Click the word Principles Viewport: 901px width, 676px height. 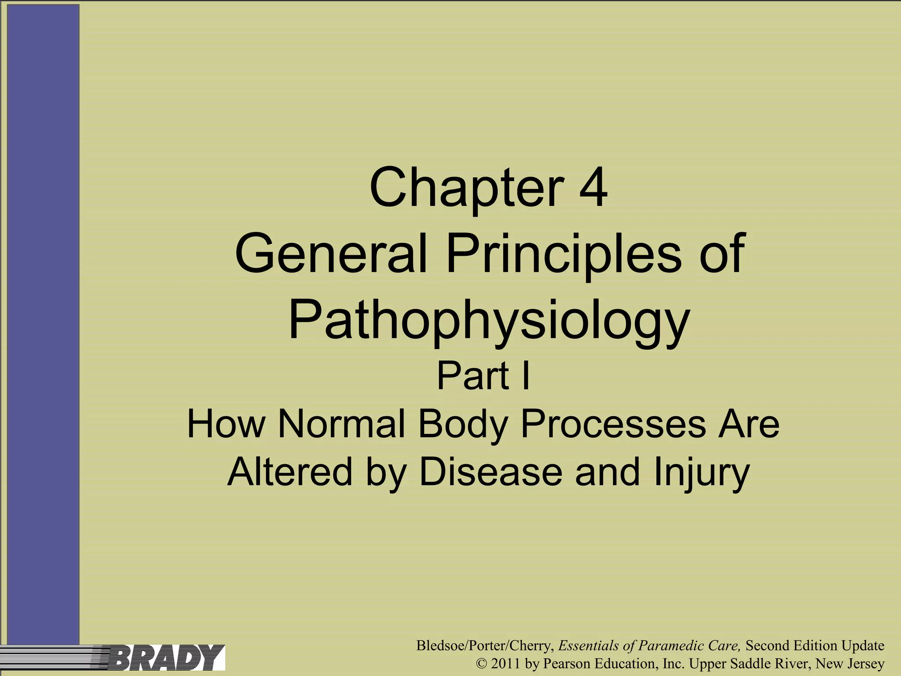pyautogui.click(x=564, y=254)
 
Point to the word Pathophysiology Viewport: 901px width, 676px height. pyautogui.click(x=488, y=320)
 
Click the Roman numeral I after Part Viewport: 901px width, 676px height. pyautogui.click(x=525, y=376)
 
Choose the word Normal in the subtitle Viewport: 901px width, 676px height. pyautogui.click(x=341, y=424)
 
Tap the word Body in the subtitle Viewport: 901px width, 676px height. pyautogui.click(x=463, y=424)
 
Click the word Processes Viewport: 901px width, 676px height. pyautogui.click(x=613, y=424)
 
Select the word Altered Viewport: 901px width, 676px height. pyautogui.click(x=290, y=471)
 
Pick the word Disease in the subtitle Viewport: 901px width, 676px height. pyautogui.click(x=491, y=471)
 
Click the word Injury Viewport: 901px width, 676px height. pyautogui.click(x=701, y=471)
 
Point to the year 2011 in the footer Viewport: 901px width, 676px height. pyautogui.click(x=505, y=663)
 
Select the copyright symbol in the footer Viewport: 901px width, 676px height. pyautogui.click(x=481, y=664)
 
